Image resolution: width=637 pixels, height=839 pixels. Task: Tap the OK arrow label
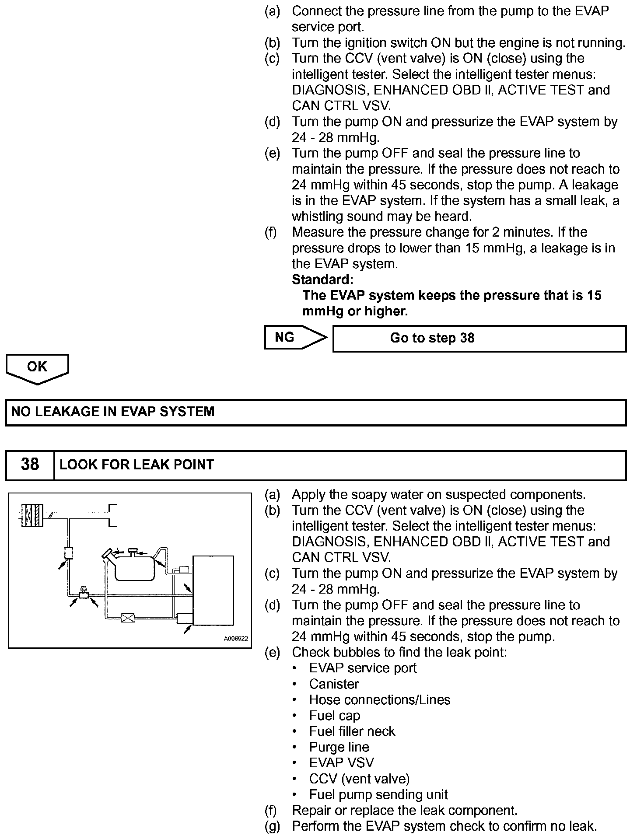click(37, 367)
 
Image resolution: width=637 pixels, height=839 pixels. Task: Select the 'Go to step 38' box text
click(432, 338)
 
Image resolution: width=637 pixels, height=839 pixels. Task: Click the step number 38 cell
click(30, 465)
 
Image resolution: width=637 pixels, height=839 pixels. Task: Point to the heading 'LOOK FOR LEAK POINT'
click(136, 465)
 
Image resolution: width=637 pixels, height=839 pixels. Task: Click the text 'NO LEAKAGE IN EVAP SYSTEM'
click(113, 412)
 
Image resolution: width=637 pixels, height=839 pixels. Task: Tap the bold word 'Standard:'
click(322, 279)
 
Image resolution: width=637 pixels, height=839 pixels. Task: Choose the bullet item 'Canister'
click(334, 684)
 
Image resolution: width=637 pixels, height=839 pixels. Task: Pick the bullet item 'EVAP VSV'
click(341, 763)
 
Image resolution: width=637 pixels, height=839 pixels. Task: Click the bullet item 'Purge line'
click(339, 747)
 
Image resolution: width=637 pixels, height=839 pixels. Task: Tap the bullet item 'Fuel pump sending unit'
click(378, 794)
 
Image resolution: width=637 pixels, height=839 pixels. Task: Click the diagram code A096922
click(236, 639)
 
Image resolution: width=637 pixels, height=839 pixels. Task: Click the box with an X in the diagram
click(127, 618)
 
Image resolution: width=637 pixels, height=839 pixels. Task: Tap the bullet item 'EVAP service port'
click(363, 668)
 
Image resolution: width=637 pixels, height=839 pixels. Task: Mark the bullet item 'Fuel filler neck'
click(352, 731)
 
